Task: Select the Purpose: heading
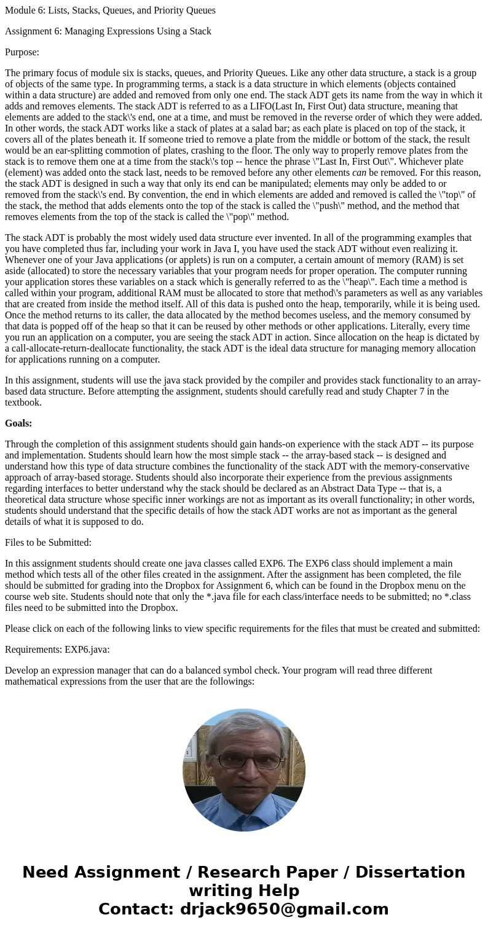click(x=22, y=52)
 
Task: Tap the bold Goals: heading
click(x=18, y=423)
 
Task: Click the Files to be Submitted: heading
click(x=48, y=543)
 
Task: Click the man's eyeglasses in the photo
click(x=245, y=760)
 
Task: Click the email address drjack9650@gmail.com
click(x=285, y=909)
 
